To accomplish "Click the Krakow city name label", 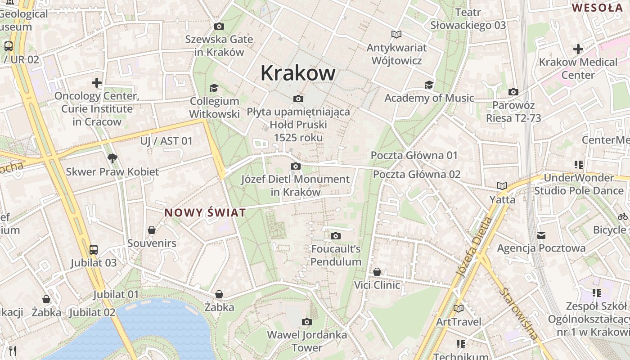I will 298,73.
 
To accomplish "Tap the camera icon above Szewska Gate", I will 219,27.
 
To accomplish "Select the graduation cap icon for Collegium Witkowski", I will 214,88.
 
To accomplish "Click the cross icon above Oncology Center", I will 97,83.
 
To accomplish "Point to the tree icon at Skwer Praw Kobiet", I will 112,158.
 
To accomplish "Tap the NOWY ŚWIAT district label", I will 205,213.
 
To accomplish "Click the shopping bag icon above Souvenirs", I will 152,230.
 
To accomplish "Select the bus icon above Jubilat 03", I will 94,249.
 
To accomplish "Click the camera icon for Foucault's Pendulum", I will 335,236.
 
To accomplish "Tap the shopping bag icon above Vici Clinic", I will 377,272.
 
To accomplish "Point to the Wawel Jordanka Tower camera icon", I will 307,322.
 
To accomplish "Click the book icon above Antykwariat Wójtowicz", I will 396,34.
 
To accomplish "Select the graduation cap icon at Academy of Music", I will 429,85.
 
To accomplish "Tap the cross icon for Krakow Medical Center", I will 578,49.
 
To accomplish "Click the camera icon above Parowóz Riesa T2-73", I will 513,92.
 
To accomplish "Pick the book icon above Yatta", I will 502,186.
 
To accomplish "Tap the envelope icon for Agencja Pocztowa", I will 541,235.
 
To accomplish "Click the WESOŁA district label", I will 597,8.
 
